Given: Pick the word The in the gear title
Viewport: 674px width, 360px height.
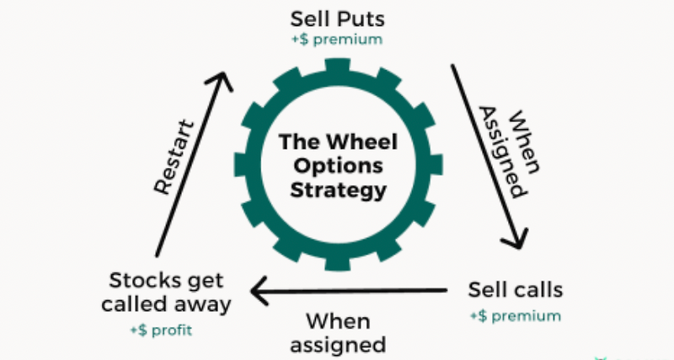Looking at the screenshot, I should point(296,141).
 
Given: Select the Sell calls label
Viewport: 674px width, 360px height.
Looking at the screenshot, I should point(516,291).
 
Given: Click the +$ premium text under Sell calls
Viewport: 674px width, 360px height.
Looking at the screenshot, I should point(515,316).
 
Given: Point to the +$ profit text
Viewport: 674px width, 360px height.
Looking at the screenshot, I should point(161,330).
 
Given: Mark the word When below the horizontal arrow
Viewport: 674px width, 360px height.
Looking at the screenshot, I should point(337,320).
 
